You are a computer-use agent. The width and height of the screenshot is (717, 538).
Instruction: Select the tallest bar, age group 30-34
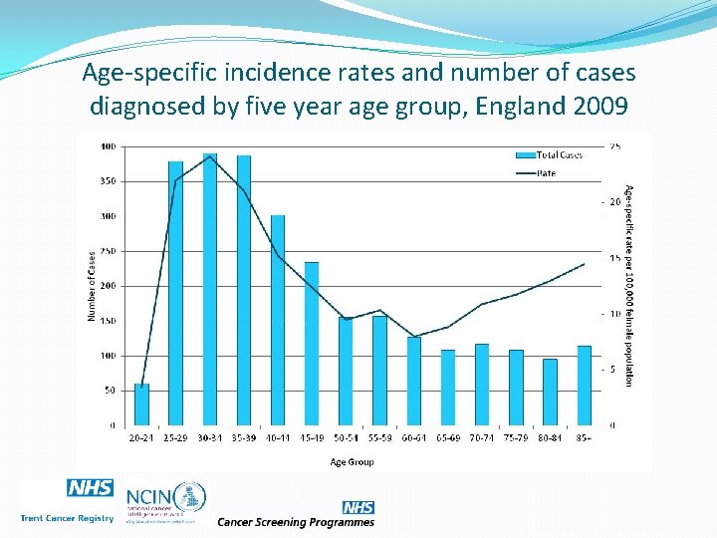point(210,290)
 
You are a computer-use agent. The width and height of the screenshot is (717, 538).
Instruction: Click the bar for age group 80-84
point(550,393)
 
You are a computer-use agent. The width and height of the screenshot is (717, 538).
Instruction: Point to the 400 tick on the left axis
point(107,146)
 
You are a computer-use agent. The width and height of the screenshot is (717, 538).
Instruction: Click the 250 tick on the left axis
point(107,251)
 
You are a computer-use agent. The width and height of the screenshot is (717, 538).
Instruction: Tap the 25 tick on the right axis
point(615,146)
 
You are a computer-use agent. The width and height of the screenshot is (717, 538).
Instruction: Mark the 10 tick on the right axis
point(615,314)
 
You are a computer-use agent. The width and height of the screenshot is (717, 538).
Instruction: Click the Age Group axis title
point(353,461)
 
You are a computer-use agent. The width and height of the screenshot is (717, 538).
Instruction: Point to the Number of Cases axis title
point(91,286)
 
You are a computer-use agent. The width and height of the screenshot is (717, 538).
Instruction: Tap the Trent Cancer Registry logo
point(68,502)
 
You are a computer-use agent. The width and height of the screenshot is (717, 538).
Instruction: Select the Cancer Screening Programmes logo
point(297,515)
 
